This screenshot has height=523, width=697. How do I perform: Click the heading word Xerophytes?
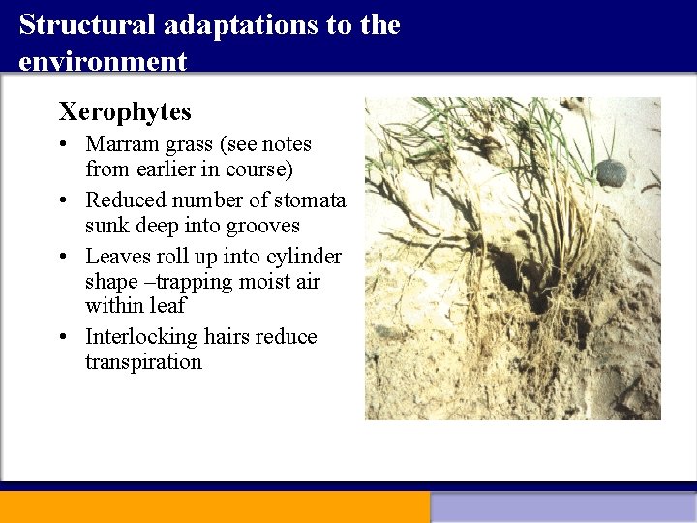[x=125, y=112]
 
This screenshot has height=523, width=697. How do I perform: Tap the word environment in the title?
[x=102, y=62]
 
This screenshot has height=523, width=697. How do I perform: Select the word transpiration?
[x=143, y=362]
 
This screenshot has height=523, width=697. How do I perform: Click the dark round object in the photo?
[x=611, y=173]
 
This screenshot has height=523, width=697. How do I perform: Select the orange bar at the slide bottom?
[x=214, y=507]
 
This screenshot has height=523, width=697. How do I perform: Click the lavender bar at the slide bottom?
[x=563, y=507]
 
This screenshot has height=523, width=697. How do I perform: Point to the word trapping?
[x=190, y=282]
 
